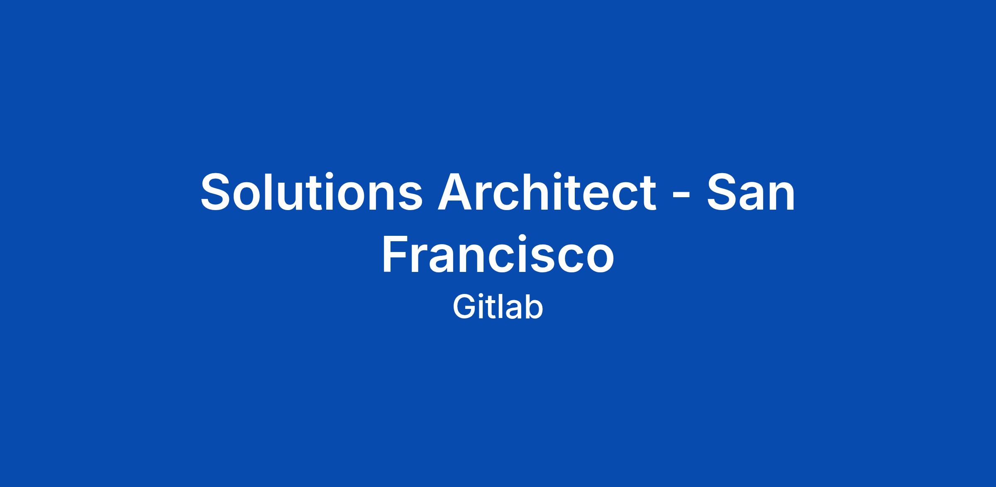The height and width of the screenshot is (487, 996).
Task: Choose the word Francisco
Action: (498, 255)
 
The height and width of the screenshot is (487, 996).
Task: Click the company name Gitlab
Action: (498, 307)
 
